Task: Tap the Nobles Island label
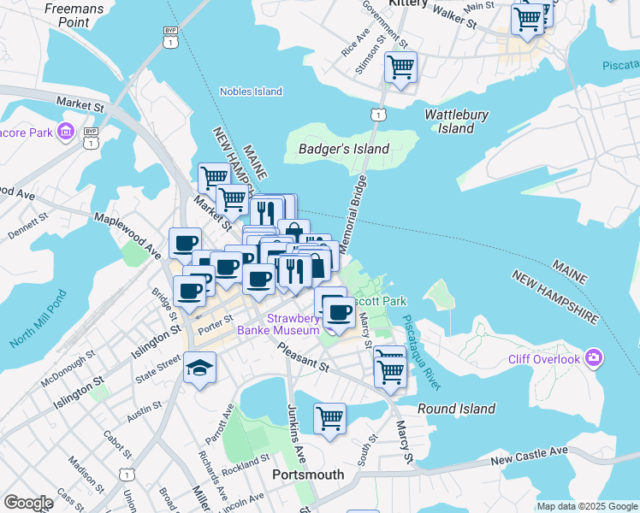[x=251, y=91]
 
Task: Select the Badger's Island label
[x=344, y=149]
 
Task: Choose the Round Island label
[x=456, y=409]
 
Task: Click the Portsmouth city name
[x=307, y=475]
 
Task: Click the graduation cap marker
[x=200, y=368]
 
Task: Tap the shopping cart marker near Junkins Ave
[x=329, y=419]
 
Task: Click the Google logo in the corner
[x=28, y=503]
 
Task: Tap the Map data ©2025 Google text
[x=586, y=506]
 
